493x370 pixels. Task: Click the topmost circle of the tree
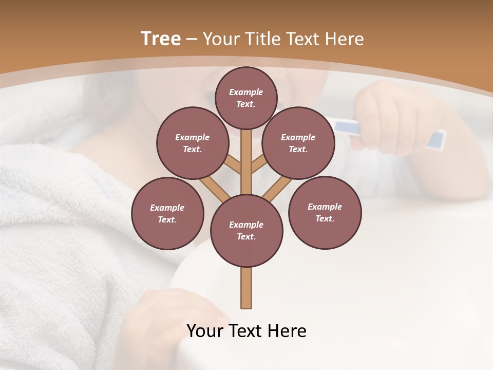click(246, 98)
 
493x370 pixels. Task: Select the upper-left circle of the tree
click(192, 143)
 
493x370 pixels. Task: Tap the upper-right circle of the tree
click(298, 143)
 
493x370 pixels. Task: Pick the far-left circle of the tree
click(167, 213)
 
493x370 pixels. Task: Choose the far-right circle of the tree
click(325, 212)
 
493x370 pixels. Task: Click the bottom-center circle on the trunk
click(246, 230)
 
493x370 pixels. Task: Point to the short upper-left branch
click(233, 165)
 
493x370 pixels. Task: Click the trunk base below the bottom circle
click(246, 288)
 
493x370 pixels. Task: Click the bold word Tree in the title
click(161, 39)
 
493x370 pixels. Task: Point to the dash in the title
click(192, 39)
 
